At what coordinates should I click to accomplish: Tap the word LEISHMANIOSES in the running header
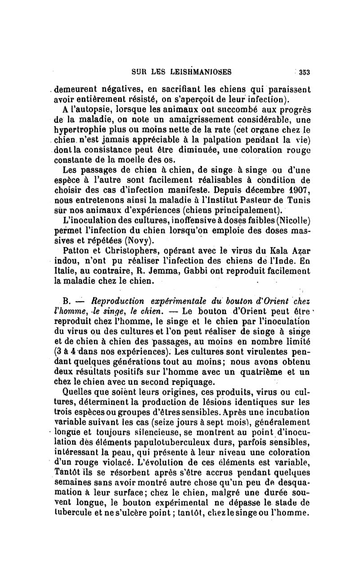pyautogui.click(x=199, y=71)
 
